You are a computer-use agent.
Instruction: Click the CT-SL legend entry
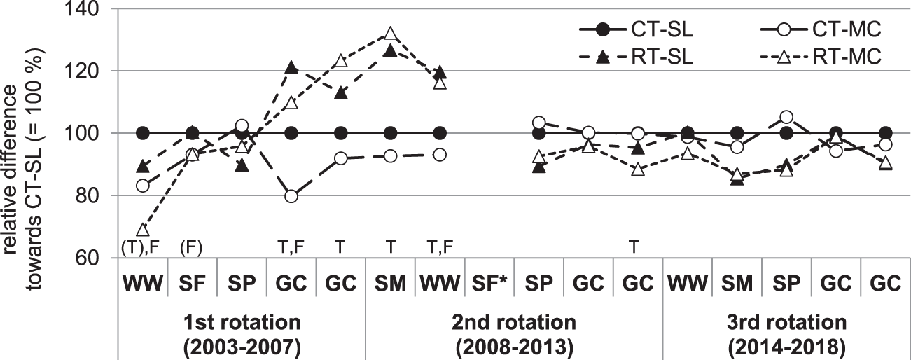click(641, 32)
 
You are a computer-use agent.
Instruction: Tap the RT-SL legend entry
click(641, 59)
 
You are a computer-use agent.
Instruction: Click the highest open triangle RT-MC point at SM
click(391, 34)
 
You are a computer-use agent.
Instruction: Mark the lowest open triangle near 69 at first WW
click(143, 230)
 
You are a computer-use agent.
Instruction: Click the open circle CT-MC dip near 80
click(291, 196)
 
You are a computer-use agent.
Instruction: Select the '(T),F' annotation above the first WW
click(143, 247)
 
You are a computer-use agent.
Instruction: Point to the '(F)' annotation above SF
click(192, 247)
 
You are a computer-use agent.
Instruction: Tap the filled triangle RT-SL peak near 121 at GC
click(291, 68)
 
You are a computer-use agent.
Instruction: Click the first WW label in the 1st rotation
click(143, 286)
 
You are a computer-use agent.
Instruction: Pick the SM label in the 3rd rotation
click(736, 286)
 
